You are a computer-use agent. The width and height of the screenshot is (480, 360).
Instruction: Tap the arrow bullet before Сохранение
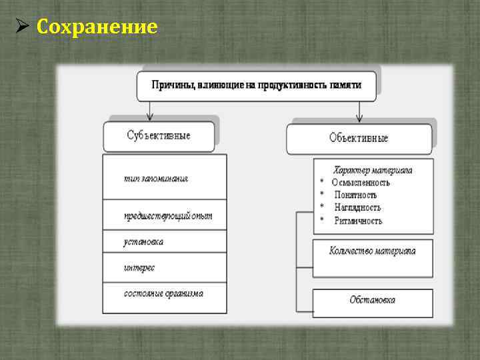(21, 27)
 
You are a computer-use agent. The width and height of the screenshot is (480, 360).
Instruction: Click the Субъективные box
(159, 136)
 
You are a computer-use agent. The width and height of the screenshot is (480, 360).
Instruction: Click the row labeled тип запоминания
(164, 178)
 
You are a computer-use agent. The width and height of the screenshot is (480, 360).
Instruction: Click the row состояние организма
(164, 293)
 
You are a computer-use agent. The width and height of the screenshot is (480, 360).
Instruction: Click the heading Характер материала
(373, 170)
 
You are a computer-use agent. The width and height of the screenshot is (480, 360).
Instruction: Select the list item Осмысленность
(361, 183)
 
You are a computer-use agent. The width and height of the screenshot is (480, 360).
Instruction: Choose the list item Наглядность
(357, 208)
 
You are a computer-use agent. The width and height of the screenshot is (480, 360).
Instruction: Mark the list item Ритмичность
(357, 221)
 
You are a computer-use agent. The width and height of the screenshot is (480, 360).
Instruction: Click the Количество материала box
(373, 251)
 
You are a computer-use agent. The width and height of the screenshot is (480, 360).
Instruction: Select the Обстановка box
(373, 300)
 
